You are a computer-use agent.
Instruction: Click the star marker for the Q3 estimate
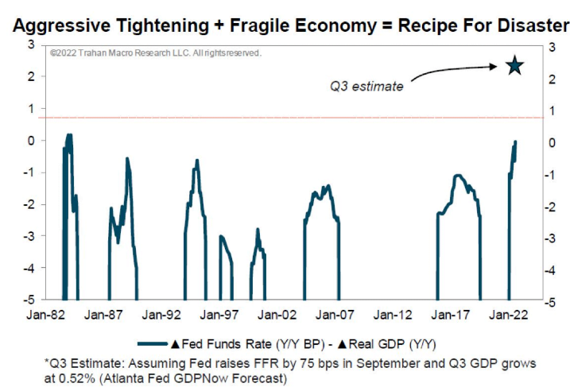point(514,67)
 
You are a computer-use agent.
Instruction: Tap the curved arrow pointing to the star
point(457,71)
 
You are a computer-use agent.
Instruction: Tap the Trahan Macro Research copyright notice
point(155,53)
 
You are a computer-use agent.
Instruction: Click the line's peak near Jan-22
point(516,141)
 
